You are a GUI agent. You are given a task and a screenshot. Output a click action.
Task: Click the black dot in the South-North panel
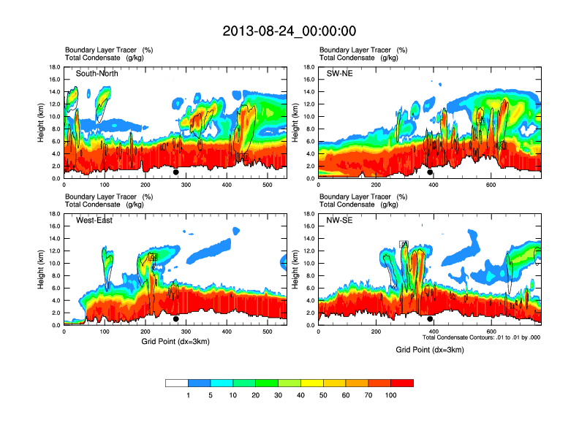tap(176, 172)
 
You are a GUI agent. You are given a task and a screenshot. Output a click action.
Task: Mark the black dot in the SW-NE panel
tap(430, 172)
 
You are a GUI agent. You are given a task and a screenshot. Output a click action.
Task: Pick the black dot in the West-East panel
tap(176, 319)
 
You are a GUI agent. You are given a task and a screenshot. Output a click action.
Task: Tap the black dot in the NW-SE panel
tap(430, 319)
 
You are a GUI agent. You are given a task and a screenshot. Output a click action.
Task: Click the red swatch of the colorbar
tap(402, 383)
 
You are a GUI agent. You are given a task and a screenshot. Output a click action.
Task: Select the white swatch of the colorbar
tap(176, 383)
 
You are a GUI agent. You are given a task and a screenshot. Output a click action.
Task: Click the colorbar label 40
tap(300, 395)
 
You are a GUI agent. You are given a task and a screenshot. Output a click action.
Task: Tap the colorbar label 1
tap(188, 395)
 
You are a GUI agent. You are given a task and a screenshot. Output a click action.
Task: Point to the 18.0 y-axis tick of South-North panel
tap(54, 67)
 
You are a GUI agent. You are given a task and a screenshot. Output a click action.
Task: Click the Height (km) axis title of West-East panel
tap(42, 270)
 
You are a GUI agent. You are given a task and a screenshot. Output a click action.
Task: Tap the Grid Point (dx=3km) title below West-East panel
tap(175, 342)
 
